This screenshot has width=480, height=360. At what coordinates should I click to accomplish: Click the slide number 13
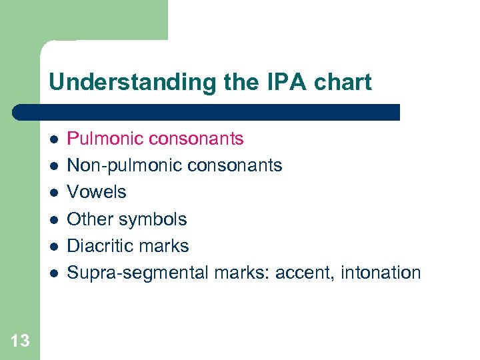pyautogui.click(x=20, y=341)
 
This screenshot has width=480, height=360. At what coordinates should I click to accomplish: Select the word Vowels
pyautogui.click(x=97, y=192)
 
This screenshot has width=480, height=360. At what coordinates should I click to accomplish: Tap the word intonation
pyautogui.click(x=381, y=273)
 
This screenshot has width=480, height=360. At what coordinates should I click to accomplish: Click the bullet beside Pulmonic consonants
pyautogui.click(x=54, y=139)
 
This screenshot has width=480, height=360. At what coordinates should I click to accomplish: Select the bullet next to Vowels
pyautogui.click(x=54, y=193)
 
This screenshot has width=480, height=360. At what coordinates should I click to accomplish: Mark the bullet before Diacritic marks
pyautogui.click(x=54, y=246)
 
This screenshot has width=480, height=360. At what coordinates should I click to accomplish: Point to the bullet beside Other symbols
pyautogui.click(x=54, y=219)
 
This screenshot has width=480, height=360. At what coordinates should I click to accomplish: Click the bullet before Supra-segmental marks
pyautogui.click(x=54, y=273)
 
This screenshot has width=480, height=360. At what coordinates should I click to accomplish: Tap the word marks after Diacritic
pyautogui.click(x=164, y=246)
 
